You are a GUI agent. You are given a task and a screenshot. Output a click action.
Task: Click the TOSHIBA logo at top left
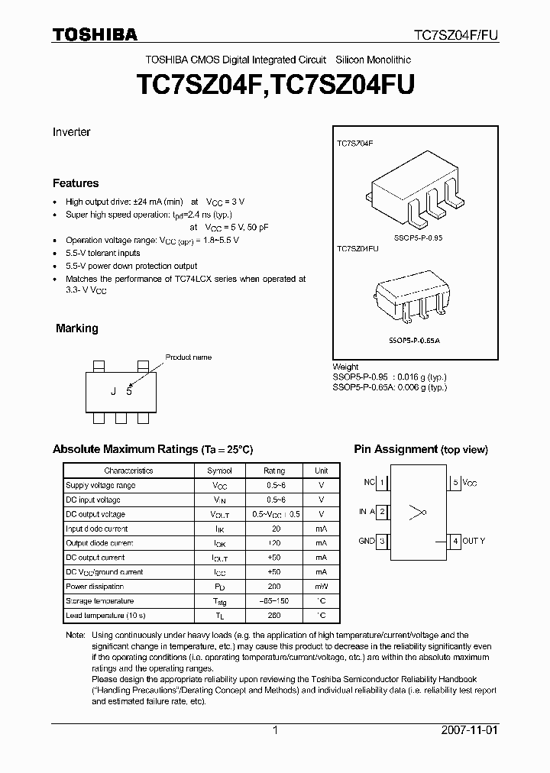(95, 34)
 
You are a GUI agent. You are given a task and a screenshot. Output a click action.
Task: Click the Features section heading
(76, 183)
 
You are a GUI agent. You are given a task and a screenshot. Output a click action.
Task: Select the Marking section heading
(76, 328)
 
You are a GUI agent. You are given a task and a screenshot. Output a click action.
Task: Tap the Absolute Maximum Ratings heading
(152, 449)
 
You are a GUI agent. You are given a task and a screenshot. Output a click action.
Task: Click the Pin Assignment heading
(420, 449)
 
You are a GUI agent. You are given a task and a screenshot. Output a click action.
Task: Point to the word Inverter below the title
(71, 132)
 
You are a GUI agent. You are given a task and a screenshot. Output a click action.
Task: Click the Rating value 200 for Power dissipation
(273, 587)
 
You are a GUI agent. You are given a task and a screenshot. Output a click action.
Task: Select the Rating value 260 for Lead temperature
(273, 615)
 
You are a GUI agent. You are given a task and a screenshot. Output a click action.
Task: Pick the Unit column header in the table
(322, 471)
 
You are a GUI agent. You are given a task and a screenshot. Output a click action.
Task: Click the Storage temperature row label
(100, 601)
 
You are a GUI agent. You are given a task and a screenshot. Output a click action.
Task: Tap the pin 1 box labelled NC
(382, 483)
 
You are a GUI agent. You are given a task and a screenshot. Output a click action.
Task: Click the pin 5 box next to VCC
(455, 483)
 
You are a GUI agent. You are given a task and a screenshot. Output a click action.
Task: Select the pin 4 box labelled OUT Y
(455, 541)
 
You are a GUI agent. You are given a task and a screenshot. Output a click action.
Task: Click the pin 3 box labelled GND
(382, 541)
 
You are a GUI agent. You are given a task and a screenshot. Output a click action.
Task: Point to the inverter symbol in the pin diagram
(416, 512)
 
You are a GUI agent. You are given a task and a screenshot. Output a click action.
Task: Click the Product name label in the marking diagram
(188, 357)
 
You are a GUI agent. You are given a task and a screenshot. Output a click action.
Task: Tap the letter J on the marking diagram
(113, 392)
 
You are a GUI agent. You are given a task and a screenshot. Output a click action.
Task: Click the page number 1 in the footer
(275, 730)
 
